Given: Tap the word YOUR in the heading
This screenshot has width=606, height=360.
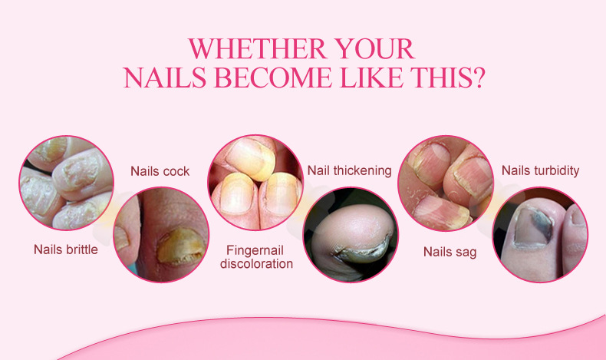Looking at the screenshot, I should [x=377, y=48].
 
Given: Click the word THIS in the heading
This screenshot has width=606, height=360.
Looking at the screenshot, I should [x=438, y=78].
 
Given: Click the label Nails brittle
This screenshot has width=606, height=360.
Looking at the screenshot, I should [x=66, y=249].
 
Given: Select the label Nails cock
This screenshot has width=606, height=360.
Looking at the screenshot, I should [x=160, y=170].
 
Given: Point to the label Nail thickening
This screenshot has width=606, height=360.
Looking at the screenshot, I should [x=349, y=170].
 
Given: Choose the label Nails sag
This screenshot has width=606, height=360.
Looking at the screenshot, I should [x=450, y=252].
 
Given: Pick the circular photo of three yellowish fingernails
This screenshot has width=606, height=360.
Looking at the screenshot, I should [x=255, y=183].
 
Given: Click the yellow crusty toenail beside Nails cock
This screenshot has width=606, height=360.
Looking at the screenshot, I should [x=179, y=244].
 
